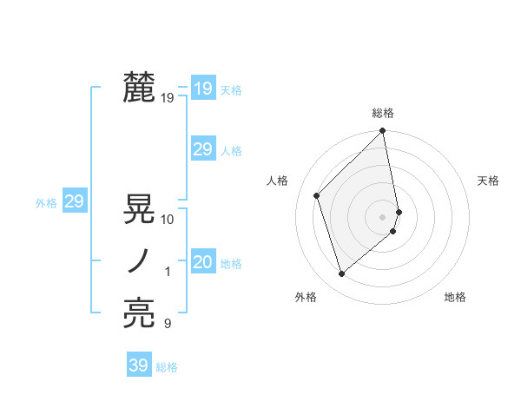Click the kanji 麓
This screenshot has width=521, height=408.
click(x=139, y=89)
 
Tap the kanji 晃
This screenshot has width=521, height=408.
click(x=139, y=210)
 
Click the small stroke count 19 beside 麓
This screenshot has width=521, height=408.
click(x=168, y=98)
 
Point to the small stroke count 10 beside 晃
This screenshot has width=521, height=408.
click(x=168, y=220)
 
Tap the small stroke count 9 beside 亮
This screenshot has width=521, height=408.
click(x=168, y=324)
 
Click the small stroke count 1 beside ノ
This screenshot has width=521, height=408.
click(x=168, y=272)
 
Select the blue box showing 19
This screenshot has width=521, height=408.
click(x=202, y=89)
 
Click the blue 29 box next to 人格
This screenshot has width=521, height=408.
click(x=202, y=149)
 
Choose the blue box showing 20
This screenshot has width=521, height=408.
click(x=202, y=262)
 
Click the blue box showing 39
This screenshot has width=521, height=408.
click(x=138, y=365)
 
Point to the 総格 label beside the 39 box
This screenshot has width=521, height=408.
click(x=167, y=367)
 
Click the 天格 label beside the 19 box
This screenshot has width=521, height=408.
click(x=231, y=90)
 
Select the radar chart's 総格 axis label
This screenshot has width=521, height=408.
click(x=383, y=114)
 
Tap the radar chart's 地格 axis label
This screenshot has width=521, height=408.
click(x=455, y=298)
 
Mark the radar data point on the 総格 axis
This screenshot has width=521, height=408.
click(x=383, y=132)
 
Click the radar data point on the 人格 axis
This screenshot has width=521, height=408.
click(x=317, y=195)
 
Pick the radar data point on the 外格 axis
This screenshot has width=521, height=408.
click(x=341, y=274)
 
